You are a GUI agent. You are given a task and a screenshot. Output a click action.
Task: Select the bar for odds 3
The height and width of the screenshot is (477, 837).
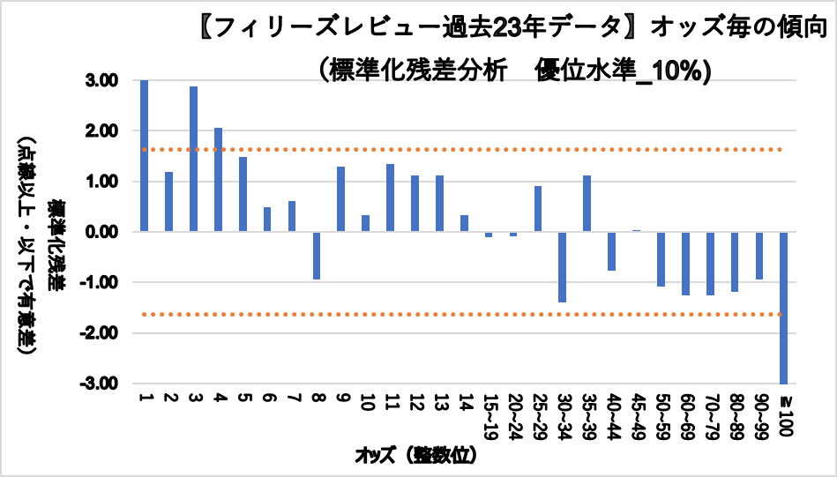point(193,159)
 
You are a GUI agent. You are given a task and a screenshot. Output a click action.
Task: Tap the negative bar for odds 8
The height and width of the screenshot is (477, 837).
point(317,256)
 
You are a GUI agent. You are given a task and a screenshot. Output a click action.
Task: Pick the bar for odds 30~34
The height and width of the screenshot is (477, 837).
point(562,267)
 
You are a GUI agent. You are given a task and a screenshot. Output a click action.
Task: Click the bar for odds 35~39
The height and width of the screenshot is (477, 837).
point(587,204)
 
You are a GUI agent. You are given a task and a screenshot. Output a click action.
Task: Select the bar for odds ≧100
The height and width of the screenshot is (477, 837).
point(782,308)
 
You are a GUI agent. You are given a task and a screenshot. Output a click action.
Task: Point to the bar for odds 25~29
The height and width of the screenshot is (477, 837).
point(537,209)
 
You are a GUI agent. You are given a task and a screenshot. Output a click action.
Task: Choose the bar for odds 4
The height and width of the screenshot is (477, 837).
point(218,180)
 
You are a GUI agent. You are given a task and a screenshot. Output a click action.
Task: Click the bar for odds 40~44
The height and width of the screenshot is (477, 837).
point(611,251)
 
